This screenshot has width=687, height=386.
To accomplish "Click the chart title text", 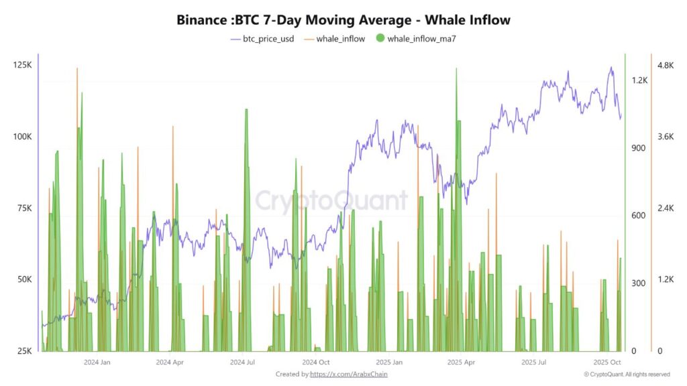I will click(343, 19).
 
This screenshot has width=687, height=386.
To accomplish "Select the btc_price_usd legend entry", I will click(262, 39).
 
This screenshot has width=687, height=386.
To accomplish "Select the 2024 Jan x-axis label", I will click(97, 362).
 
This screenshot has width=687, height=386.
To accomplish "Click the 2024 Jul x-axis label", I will click(242, 362).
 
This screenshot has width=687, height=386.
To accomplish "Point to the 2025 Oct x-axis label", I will click(606, 362).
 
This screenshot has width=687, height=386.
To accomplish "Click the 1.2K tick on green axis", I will click(639, 80).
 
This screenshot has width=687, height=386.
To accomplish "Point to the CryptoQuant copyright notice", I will click(627, 374).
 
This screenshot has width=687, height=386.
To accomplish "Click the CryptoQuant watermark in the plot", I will click(331, 200).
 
